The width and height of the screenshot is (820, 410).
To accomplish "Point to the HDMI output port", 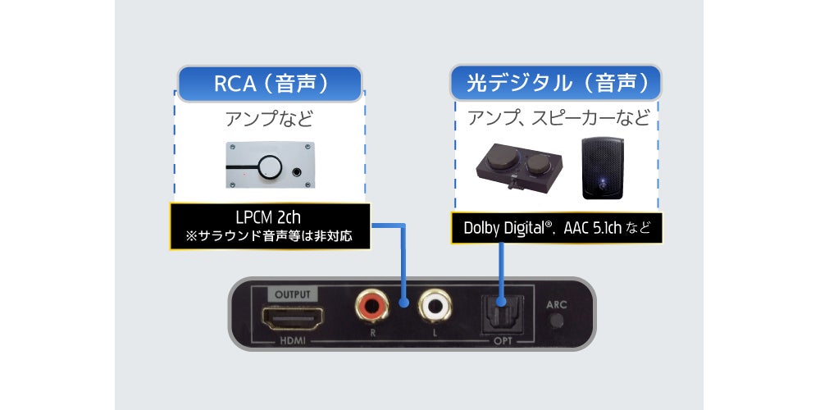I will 294,316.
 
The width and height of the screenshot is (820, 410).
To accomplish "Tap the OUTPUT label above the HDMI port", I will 294,294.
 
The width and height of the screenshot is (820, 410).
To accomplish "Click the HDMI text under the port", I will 294,338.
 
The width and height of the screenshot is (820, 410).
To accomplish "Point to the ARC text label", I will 557,304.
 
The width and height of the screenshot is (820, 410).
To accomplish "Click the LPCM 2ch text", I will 270,219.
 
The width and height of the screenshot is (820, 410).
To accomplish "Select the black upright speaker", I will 603,168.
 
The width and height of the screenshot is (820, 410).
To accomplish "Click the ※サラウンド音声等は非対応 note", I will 270,237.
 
